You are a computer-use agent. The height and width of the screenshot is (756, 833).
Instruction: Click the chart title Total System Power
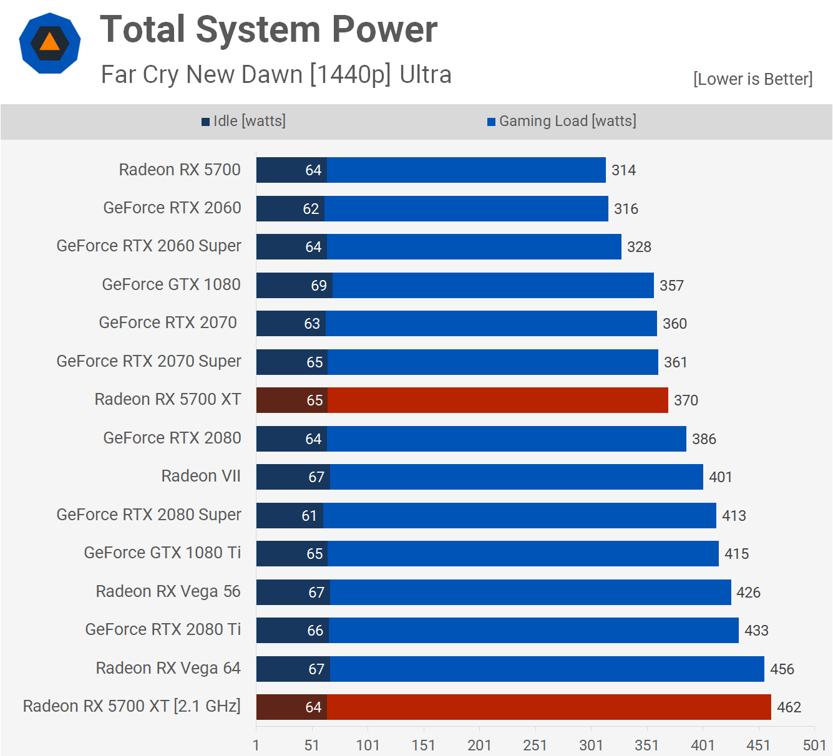[x=268, y=30]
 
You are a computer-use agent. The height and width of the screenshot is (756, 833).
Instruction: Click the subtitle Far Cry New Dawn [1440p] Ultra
[x=276, y=74]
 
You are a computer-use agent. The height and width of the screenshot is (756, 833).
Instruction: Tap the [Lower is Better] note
[x=753, y=79]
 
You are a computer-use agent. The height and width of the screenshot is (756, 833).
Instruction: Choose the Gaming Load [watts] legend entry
[x=562, y=121]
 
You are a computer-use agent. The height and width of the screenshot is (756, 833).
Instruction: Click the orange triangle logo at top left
[x=50, y=43]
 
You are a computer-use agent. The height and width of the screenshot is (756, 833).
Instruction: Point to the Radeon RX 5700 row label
[x=180, y=170]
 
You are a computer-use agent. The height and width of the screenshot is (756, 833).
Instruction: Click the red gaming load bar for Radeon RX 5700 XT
[x=497, y=400]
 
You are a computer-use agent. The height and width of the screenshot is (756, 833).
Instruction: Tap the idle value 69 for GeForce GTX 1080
[x=319, y=286]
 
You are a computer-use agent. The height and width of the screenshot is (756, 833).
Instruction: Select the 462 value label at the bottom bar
[x=789, y=707]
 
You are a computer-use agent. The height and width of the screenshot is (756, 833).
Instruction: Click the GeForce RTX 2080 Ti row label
[x=163, y=629]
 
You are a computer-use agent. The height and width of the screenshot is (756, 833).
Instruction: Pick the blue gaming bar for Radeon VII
[x=516, y=477]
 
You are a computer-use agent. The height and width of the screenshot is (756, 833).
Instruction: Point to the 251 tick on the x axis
[x=535, y=745]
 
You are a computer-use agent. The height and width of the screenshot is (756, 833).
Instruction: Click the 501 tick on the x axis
[x=814, y=745]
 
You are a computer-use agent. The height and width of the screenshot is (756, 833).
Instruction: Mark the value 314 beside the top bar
[x=623, y=170]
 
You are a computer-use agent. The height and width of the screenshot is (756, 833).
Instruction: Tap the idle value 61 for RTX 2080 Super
[x=309, y=516]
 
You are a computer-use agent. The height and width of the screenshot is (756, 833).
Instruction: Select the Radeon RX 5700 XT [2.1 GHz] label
[x=132, y=706]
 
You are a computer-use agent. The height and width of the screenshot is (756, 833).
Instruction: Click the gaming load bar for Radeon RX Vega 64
[x=547, y=669]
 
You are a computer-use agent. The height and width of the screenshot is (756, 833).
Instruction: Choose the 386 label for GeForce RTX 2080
[x=704, y=439]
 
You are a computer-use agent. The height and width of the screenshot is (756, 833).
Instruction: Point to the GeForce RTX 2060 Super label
[x=149, y=246]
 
